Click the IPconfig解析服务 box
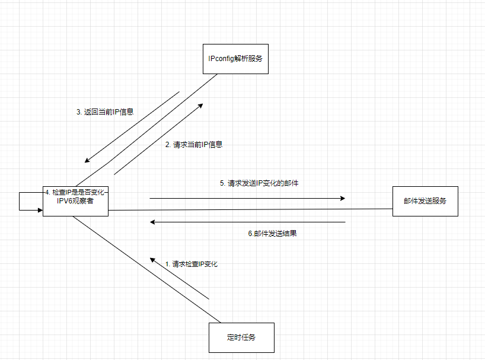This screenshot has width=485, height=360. pyautogui.click(x=235, y=59)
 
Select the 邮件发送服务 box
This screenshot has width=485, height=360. pyautogui.click(x=425, y=201)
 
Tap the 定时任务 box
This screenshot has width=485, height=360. pyautogui.click(x=241, y=337)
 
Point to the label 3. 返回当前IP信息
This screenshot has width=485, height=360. pyautogui.click(x=105, y=111)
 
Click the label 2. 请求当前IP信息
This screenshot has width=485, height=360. pyautogui.click(x=194, y=144)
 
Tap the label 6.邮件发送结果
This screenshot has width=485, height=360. pyautogui.click(x=272, y=233)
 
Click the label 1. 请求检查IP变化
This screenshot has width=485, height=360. pyautogui.click(x=191, y=264)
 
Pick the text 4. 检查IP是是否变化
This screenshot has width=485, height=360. pyautogui.click(x=75, y=192)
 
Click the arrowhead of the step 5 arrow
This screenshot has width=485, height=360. pyautogui.click(x=342, y=198)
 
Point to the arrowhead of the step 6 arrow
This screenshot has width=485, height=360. pyautogui.click(x=153, y=222)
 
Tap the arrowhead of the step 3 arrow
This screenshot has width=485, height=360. pyautogui.click(x=88, y=160)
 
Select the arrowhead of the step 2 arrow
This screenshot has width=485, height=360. pyautogui.click(x=200, y=104)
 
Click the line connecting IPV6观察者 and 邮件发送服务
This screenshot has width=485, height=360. pyautogui.click(x=249, y=209)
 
